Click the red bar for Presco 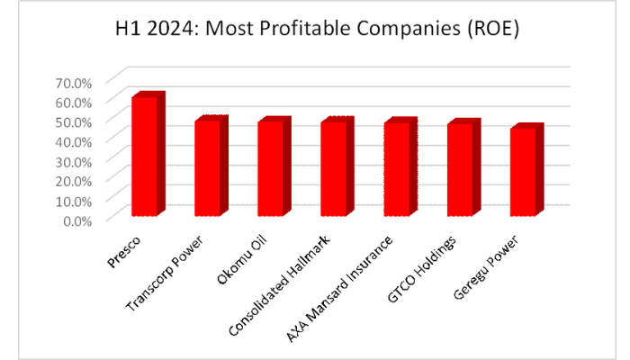coord(146,157)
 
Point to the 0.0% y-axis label coord(76,219)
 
